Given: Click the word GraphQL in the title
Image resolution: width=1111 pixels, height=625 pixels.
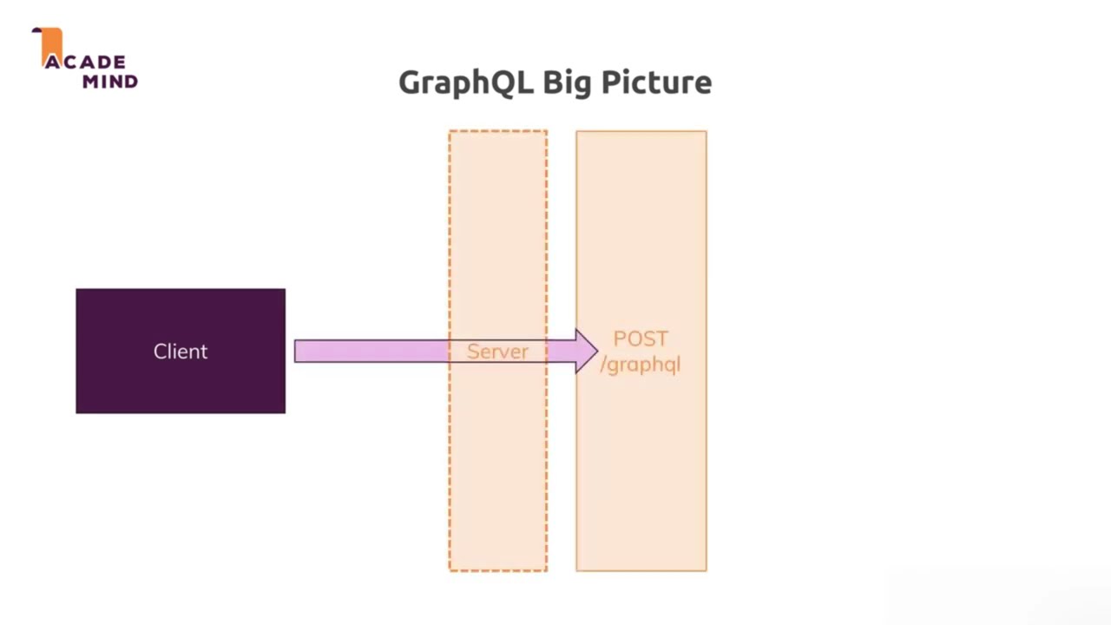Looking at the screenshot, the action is click(466, 82).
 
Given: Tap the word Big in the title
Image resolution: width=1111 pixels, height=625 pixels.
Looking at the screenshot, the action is click(568, 82).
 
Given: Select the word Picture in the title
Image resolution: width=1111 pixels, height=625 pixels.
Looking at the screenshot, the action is click(657, 82).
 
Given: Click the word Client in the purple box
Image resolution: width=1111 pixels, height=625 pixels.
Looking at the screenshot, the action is click(181, 352).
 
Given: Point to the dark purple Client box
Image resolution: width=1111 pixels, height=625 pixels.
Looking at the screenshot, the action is click(181, 352).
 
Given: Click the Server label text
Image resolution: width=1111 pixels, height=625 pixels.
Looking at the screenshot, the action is click(497, 352).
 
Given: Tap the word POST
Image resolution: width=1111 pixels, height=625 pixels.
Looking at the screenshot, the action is click(641, 339).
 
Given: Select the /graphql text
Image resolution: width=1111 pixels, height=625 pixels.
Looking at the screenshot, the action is click(641, 365).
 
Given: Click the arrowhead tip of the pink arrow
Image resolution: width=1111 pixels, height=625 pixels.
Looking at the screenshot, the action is click(598, 352).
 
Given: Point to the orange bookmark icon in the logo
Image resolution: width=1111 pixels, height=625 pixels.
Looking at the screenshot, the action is click(50, 46).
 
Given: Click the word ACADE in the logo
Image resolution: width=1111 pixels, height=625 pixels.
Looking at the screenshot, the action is click(85, 62).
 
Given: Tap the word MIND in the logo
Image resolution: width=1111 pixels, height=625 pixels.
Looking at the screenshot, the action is click(110, 82).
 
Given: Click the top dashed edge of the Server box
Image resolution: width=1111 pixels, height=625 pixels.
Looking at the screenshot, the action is click(498, 131).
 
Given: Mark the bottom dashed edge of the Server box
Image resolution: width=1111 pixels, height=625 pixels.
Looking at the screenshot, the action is click(498, 570).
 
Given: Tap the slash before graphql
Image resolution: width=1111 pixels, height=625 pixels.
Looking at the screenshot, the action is click(603, 365).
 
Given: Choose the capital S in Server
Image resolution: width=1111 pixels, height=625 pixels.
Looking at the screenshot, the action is click(473, 352).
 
